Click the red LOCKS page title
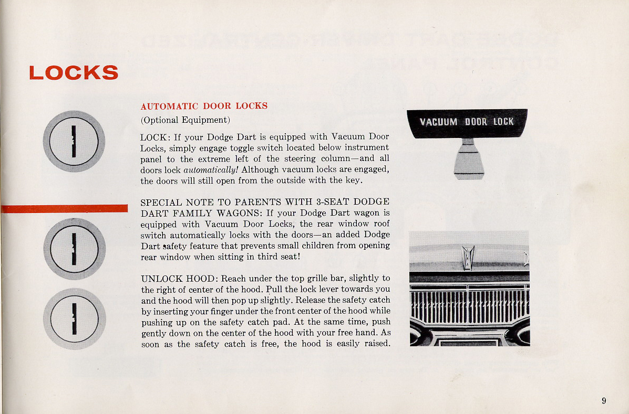tap(74, 72)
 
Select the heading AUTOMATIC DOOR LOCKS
tap(204, 106)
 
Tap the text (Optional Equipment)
tap(185, 120)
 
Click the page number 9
tap(604, 401)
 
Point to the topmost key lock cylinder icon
tap(74, 141)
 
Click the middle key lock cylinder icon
tap(74, 248)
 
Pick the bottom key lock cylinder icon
tap(74, 319)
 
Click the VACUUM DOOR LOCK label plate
tap(467, 122)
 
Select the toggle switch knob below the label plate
tap(468, 160)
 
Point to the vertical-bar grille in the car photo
tap(469, 306)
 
